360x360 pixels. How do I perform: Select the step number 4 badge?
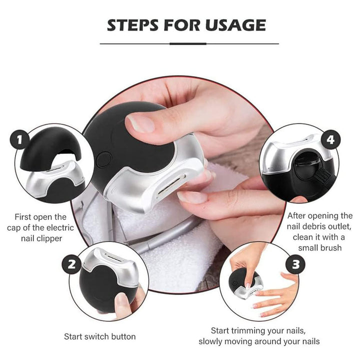[330, 139]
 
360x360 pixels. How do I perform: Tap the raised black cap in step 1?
[50, 145]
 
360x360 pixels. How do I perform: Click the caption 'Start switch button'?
[99, 336]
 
